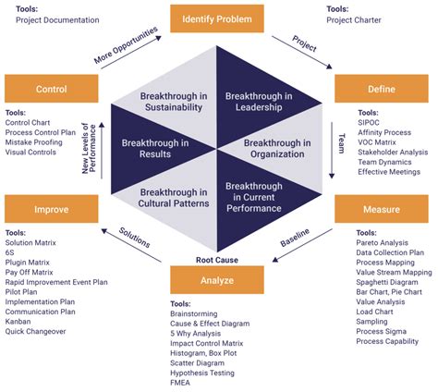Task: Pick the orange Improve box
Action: tap(51, 210)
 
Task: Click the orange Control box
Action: tap(51, 90)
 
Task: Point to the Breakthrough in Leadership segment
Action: tap(259, 102)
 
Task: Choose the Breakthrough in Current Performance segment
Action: tap(259, 197)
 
